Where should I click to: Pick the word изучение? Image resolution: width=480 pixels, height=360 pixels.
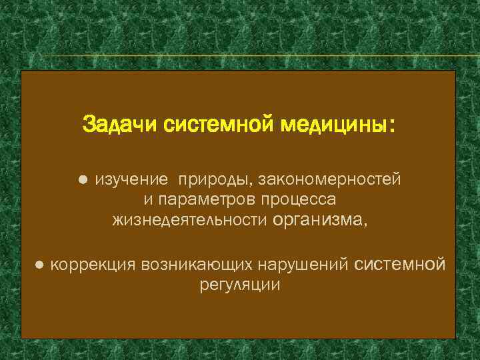click(x=131, y=179)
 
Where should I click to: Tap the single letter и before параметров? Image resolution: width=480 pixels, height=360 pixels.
click(x=148, y=199)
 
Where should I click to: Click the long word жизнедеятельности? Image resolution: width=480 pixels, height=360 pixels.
click(x=190, y=219)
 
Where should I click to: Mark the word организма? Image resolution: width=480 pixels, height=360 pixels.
click(x=317, y=219)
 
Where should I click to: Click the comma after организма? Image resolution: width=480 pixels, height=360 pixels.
click(x=364, y=223)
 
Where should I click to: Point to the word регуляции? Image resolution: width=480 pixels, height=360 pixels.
click(x=240, y=285)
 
